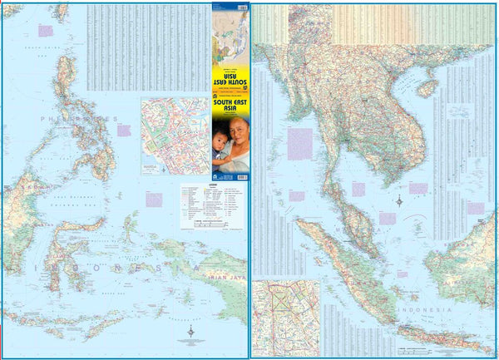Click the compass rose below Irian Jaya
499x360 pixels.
click(191, 332)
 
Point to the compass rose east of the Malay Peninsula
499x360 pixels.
click(399, 200)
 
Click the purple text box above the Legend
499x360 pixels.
click(154, 200)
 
